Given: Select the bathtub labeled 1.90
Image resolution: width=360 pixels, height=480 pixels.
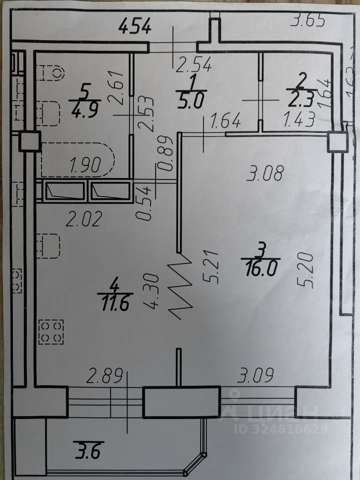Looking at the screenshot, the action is pyautogui.click(x=78, y=160).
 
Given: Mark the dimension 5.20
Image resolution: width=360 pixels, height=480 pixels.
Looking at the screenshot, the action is pyautogui.click(x=307, y=270).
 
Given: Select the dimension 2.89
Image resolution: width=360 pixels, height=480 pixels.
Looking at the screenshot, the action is pyautogui.click(x=104, y=375).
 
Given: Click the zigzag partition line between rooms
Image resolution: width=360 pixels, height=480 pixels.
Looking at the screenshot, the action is pyautogui.click(x=181, y=286).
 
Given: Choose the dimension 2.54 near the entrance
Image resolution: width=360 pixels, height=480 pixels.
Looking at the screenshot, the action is pyautogui.click(x=195, y=63).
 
